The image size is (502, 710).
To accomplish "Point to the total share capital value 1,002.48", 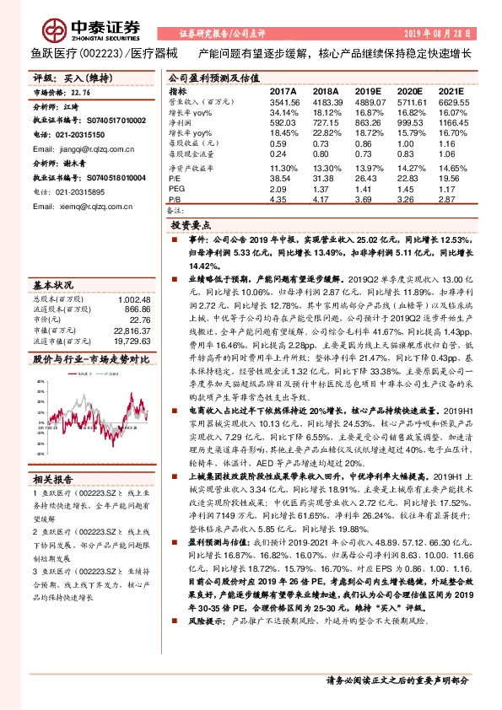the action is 134,299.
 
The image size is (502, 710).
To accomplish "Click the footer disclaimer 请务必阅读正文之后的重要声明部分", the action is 397,679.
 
